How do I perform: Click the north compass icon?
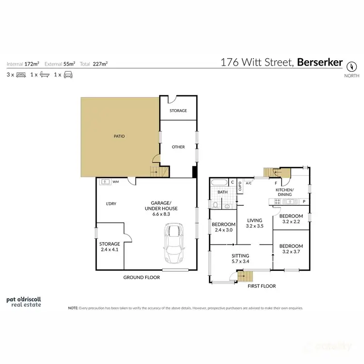point(351,65)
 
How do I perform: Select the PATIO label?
point(119,136)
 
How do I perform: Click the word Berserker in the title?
point(320,62)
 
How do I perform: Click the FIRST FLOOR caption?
point(262,286)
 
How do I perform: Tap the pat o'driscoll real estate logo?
point(23,301)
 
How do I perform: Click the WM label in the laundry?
point(116,182)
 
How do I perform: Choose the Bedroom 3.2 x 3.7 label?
point(291,249)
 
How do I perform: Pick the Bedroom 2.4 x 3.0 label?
point(224,227)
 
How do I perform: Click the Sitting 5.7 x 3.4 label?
point(240,258)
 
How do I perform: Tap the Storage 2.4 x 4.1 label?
point(109,247)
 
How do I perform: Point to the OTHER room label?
point(178,147)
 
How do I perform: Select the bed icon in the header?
point(21,75)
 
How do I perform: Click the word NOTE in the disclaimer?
point(73,308)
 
